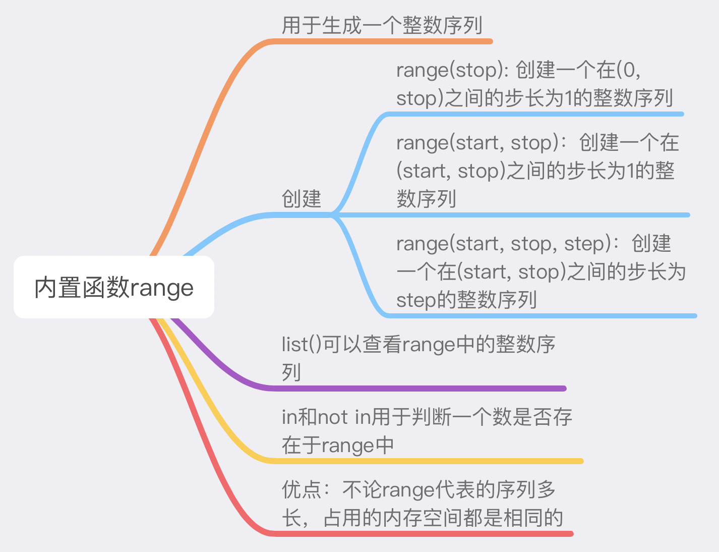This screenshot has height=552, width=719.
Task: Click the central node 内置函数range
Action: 114,287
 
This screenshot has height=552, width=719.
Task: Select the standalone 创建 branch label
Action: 302,198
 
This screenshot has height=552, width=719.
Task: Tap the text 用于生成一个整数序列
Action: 382,25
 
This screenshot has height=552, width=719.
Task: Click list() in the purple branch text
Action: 301,345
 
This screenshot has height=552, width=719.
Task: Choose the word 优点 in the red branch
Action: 302,489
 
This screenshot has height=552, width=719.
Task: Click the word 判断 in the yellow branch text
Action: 431,417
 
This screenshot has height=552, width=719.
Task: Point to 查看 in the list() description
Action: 382,345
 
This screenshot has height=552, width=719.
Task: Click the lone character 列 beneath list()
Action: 291,372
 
